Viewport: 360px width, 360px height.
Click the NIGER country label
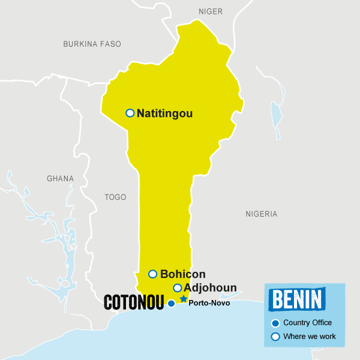coord(210,11)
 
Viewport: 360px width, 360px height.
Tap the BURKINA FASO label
coord(92,44)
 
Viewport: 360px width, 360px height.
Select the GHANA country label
coord(60,178)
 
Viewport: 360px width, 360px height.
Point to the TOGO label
coord(115,196)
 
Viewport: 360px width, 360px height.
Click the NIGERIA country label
coord(262,214)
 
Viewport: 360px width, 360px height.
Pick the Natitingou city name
coord(165,113)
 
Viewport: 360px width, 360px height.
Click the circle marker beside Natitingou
coord(130,113)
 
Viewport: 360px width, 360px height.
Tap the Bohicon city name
coord(183,274)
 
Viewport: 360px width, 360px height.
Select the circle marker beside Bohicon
coord(152,274)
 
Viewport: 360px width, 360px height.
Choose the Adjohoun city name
coord(210,288)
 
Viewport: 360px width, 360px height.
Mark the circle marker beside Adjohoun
coord(177,288)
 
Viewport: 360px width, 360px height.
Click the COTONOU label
coord(134,302)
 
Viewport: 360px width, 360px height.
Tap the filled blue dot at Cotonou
coord(171,304)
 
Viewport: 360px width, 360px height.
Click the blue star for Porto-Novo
coord(184,299)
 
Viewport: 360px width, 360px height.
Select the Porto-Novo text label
coord(209,303)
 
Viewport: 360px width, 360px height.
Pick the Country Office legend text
coord(307,323)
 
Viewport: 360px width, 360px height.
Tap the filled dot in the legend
coord(275,323)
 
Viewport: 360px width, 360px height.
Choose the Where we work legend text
coord(310,337)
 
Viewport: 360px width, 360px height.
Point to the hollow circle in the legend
coord(275,337)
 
